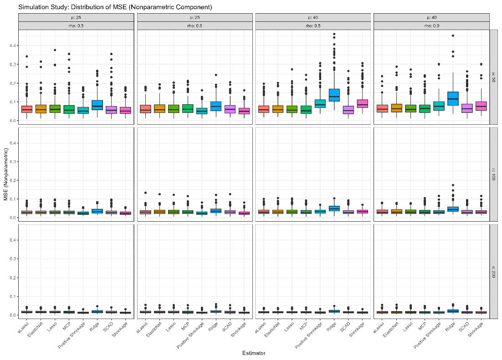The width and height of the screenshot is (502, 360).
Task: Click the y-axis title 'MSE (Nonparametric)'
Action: [x=6, y=174]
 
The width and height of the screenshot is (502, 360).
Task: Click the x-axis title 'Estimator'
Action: [x=253, y=353]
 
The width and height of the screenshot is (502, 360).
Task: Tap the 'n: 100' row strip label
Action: [x=494, y=174]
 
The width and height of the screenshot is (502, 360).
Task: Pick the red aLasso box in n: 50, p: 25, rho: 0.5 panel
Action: [x=27, y=109]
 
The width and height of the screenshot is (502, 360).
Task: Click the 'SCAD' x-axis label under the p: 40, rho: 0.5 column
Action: [x=345, y=327]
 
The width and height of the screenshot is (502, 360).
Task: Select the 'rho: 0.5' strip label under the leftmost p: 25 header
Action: [x=76, y=25]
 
